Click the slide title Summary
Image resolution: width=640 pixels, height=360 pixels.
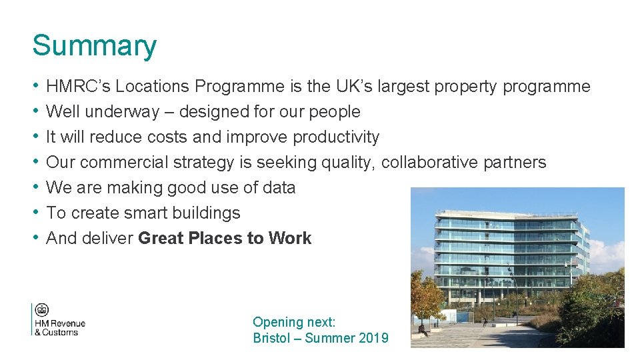coord(95,46)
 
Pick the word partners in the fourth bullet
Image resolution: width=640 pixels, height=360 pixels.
coord(515,163)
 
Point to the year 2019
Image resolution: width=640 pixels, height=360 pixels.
coord(373,338)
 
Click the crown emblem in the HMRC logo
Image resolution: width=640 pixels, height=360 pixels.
coord(42,310)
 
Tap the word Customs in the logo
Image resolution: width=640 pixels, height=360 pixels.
coord(61,333)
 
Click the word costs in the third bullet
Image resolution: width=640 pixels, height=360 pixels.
coord(169,137)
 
